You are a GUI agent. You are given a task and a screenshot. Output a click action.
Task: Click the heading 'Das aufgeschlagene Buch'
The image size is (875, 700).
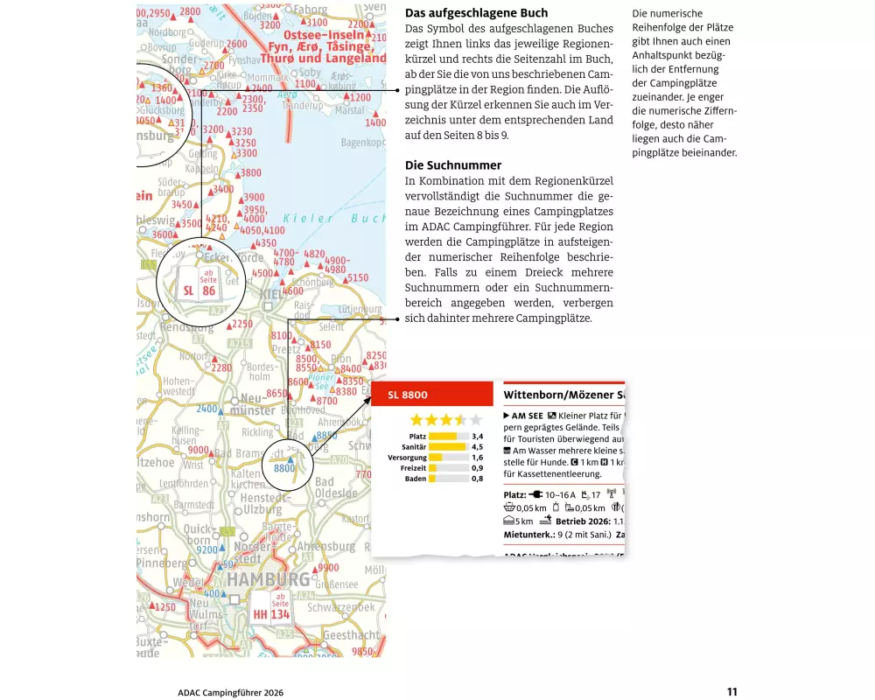click(476, 13)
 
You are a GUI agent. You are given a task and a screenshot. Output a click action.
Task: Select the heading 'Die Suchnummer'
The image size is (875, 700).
click(452, 165)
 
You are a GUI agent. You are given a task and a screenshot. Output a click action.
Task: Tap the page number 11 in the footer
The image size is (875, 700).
click(731, 691)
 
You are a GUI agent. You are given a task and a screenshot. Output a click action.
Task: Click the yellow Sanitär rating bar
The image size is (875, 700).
click(446, 446)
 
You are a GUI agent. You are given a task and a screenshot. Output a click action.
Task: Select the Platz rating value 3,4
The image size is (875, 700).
click(477, 436)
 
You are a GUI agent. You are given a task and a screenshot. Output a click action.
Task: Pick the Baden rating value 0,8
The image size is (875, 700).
click(477, 479)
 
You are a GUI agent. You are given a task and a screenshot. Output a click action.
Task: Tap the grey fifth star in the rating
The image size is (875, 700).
click(476, 420)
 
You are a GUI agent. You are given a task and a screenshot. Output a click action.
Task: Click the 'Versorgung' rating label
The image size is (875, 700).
click(407, 458)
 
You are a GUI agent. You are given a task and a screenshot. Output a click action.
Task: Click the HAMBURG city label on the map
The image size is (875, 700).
click(269, 579)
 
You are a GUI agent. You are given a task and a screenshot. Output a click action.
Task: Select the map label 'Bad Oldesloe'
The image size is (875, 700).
click(336, 487)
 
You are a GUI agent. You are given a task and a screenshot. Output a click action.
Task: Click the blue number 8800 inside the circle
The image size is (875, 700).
click(284, 468)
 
